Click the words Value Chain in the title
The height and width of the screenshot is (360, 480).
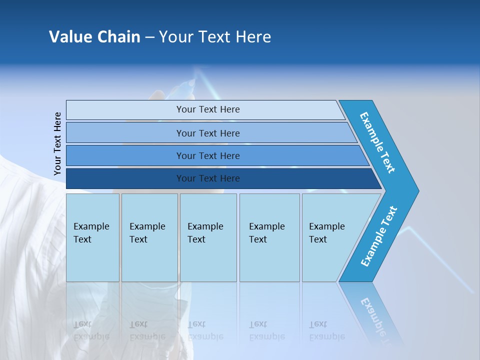point(94,37)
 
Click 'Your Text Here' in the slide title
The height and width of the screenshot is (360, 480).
point(215,37)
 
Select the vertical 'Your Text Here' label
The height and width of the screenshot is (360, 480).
point(57,143)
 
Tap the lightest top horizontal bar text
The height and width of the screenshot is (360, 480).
point(208,109)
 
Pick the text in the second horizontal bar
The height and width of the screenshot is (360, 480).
point(208,133)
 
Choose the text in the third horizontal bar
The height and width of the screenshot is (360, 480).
point(208,156)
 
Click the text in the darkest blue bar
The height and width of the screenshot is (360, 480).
point(208,178)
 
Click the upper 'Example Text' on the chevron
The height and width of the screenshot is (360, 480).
point(378,142)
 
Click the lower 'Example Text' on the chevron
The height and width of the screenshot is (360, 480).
point(379,236)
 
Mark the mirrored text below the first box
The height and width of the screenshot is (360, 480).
point(91,330)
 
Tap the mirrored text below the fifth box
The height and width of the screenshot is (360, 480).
point(327,330)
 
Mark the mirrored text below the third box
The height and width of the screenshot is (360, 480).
point(205,330)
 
